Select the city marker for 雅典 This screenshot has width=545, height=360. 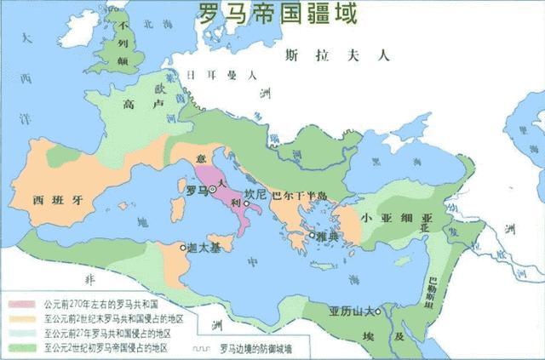click(312, 235)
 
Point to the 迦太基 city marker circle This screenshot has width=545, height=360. click(182, 248)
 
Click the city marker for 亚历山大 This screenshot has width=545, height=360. click(379, 310)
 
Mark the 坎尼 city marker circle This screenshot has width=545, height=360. click(246, 203)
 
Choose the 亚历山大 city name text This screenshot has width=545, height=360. click(352, 310)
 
